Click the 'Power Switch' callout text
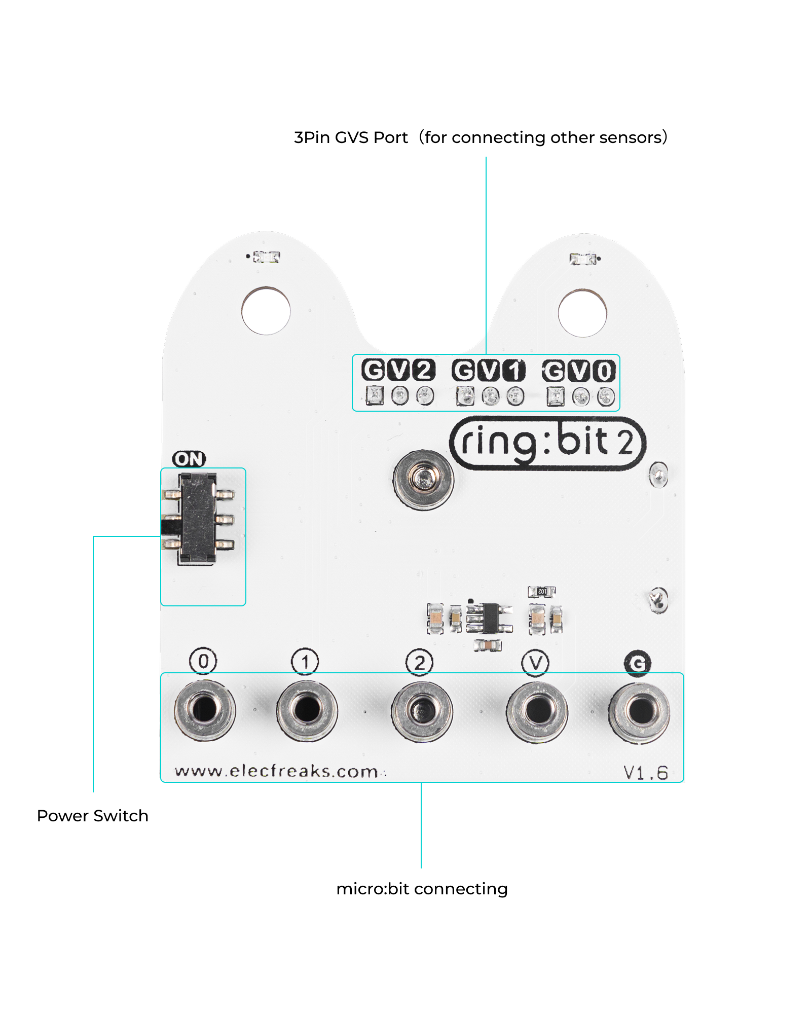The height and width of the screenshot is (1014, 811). click(93, 816)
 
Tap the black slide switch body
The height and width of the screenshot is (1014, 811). click(198, 518)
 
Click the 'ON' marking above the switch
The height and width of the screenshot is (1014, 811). click(189, 459)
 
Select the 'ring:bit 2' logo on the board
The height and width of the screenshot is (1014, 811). click(547, 443)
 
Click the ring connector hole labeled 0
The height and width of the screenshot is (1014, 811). click(204, 709)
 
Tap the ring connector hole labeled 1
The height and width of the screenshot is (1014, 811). click(307, 709)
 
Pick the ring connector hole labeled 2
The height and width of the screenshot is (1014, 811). click(421, 710)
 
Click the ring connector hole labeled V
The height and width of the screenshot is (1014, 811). click(537, 710)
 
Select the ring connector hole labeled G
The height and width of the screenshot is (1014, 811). click(640, 711)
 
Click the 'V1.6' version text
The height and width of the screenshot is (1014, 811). click(646, 773)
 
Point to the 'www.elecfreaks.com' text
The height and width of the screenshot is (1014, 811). click(277, 771)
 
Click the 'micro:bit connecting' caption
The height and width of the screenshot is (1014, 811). click(422, 889)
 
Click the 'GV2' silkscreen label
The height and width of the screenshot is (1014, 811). click(398, 370)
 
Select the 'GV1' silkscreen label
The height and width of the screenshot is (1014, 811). click(489, 371)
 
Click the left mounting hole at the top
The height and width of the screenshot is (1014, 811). click(266, 311)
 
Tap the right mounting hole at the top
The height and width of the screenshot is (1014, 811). click(582, 313)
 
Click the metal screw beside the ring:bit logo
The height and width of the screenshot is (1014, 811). click(423, 479)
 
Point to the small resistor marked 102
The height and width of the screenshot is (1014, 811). click(542, 591)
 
